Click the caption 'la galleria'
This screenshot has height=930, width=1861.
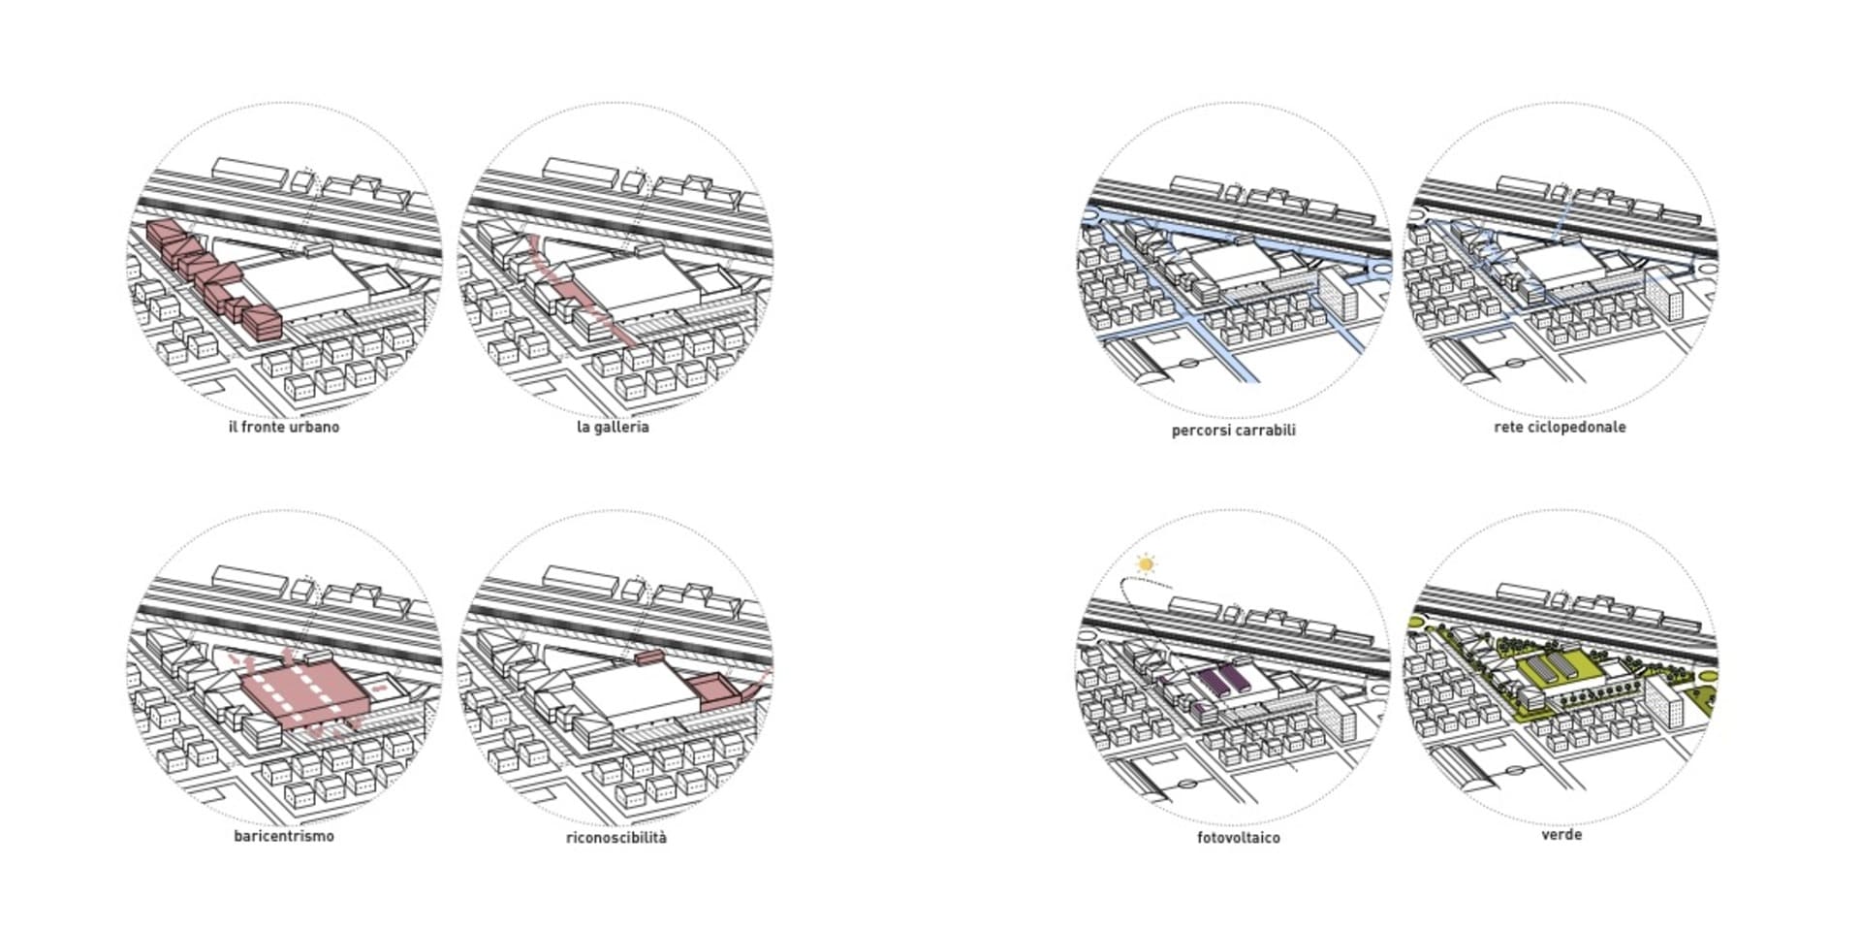pos(613,427)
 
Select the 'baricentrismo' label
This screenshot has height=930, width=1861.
pos(284,836)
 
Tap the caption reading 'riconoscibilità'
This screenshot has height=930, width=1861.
pos(616,837)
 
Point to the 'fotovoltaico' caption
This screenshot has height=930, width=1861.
pos(1239,837)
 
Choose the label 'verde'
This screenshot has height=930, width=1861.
pos(1561,834)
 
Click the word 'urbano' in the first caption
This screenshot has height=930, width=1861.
pos(314,427)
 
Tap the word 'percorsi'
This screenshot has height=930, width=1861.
pos(1200,431)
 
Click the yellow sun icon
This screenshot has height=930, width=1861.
pos(1147,563)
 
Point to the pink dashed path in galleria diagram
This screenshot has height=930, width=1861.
pos(583,290)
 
